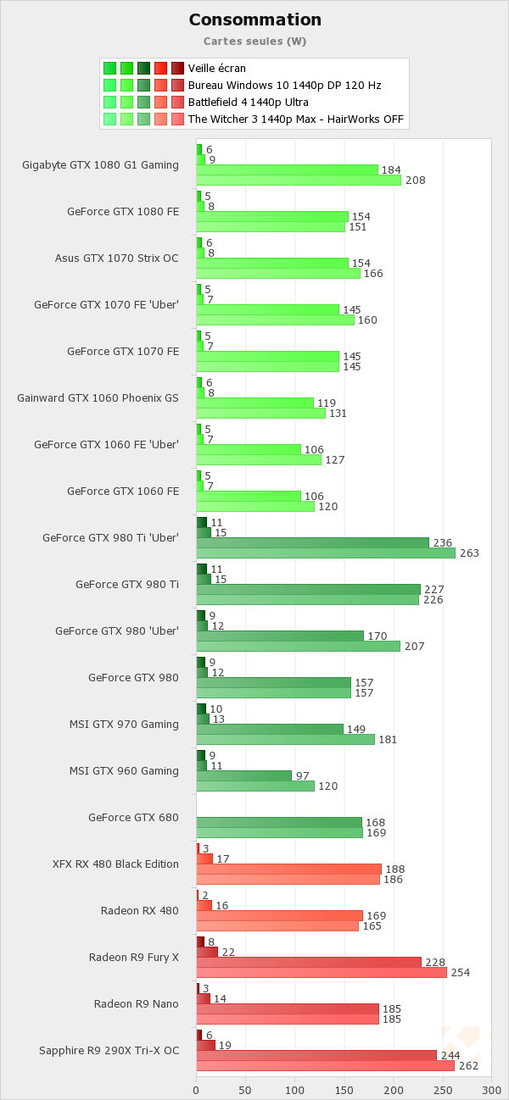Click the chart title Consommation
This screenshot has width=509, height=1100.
point(255,19)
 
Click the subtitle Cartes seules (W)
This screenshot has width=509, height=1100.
point(255,41)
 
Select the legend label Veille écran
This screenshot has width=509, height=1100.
point(217,68)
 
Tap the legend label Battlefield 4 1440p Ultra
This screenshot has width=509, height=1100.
point(254,102)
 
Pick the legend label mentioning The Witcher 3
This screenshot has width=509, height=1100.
point(295,119)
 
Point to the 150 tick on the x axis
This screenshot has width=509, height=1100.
point(344,1090)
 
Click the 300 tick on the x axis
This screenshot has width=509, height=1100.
point(490,1090)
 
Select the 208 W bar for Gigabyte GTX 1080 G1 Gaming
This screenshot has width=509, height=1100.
point(299,180)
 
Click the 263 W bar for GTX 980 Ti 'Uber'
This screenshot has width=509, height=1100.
point(326,553)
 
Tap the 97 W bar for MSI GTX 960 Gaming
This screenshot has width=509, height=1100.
point(244,775)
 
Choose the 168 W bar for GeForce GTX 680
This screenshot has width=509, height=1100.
point(279,822)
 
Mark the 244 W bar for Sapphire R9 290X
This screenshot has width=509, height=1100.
point(316,1055)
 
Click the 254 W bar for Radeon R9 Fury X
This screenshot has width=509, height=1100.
point(322,972)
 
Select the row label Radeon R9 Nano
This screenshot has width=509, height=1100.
point(137,1003)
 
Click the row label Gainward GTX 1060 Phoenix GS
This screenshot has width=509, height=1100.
point(98,397)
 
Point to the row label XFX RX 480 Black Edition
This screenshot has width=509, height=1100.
point(115,864)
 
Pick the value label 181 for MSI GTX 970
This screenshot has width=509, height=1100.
point(388,740)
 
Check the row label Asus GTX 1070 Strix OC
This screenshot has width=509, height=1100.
point(117,258)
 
